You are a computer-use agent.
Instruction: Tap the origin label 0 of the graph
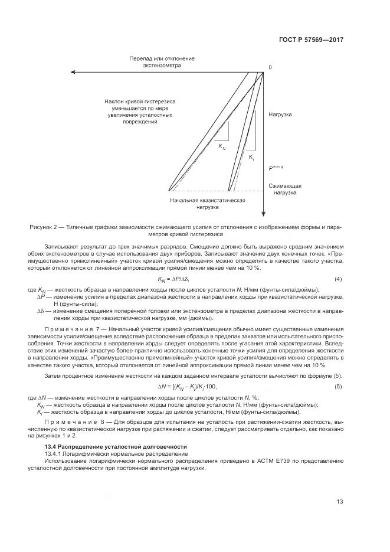(270, 67)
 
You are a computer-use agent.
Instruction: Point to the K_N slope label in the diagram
(222, 146)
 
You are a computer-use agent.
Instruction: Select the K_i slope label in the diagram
(251, 158)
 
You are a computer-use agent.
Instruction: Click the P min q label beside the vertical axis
(276, 168)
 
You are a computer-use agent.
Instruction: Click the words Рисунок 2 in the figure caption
(44, 227)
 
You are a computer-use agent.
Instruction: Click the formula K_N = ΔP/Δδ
(173, 279)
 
